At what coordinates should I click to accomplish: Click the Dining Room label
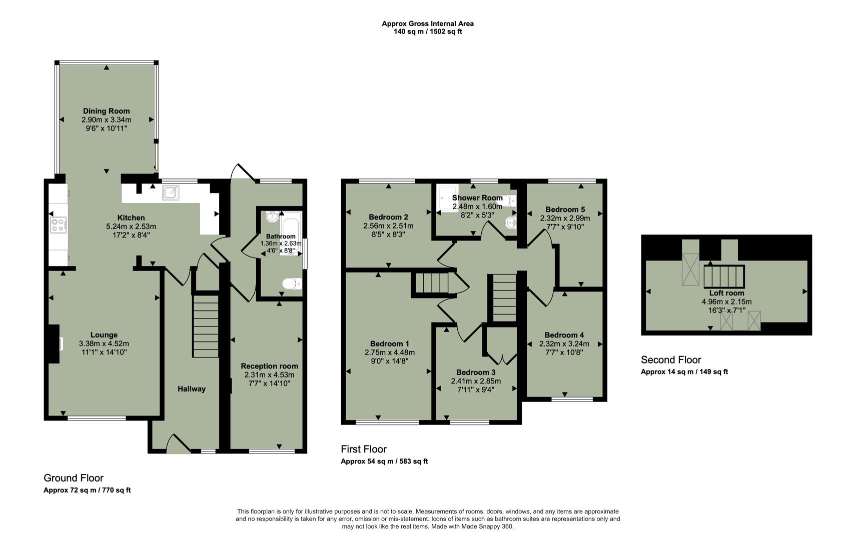coord(106,111)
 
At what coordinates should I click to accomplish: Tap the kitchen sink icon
coord(170,192)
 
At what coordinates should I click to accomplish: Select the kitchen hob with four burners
coord(58,224)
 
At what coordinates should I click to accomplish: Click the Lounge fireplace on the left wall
coord(54,343)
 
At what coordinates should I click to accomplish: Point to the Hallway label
coord(191,388)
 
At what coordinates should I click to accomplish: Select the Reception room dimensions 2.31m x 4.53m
coord(269,374)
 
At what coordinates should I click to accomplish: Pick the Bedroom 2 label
coord(388,217)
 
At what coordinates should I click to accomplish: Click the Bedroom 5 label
coord(565,209)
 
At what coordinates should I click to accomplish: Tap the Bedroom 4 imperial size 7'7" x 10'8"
coord(564,352)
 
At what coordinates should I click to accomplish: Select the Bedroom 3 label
coord(476,372)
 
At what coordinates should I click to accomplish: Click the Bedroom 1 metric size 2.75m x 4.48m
coord(389,352)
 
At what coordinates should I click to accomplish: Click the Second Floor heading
coord(671,359)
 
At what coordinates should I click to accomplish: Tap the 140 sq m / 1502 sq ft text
coord(428,31)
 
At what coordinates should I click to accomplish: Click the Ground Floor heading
coord(74,477)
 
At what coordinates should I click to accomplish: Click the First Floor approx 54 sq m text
coord(384,461)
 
